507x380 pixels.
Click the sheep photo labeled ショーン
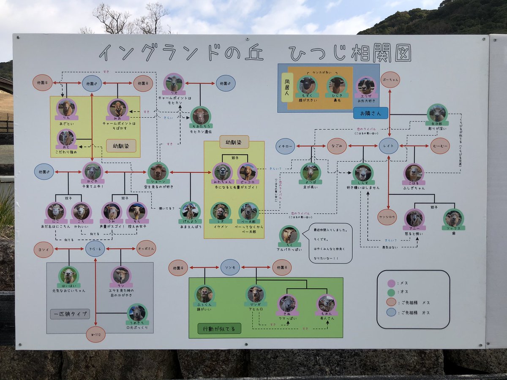click(x=158, y=172)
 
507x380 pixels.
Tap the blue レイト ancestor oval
click(x=388, y=146)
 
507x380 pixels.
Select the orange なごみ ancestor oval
click(x=337, y=146)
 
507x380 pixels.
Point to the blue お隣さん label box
click(x=371, y=113)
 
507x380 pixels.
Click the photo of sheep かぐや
click(x=92, y=171)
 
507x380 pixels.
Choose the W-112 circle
click(x=95, y=334)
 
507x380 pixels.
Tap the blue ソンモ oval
click(x=230, y=267)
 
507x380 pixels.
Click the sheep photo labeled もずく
click(x=307, y=85)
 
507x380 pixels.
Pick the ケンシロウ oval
click(x=387, y=217)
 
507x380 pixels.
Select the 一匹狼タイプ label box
click(x=70, y=314)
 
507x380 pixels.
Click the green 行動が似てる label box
click(x=219, y=328)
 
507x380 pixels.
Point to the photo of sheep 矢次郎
click(x=437, y=113)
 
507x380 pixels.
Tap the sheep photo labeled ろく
click(x=289, y=235)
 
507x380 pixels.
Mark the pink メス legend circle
click(x=391, y=283)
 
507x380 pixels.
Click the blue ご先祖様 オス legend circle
click(x=391, y=312)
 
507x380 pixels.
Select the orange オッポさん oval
click(x=146, y=248)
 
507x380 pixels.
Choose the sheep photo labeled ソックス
click(x=453, y=218)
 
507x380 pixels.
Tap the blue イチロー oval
click(x=286, y=146)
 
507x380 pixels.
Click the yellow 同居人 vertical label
click(x=287, y=87)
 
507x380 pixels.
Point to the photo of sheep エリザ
click(x=366, y=86)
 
